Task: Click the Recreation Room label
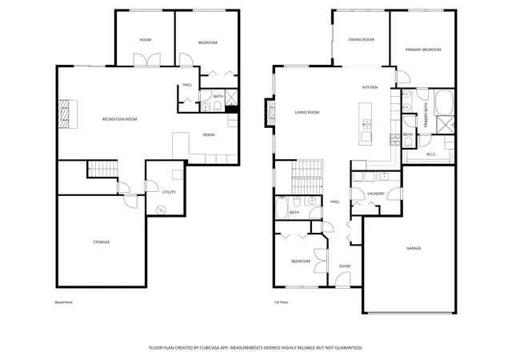click(119, 119)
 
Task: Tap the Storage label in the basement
click(102, 242)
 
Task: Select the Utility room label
click(169, 192)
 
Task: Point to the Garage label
click(414, 248)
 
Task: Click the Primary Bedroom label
click(423, 50)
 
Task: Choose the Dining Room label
click(361, 39)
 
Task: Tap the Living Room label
click(307, 112)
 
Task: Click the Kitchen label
click(370, 87)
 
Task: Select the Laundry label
click(376, 194)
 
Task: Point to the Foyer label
click(345, 266)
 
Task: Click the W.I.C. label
click(431, 154)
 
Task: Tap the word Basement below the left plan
click(64, 302)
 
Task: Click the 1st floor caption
click(281, 302)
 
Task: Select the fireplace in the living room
click(270, 113)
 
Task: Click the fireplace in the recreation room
click(67, 114)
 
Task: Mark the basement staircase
click(103, 169)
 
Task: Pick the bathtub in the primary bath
click(444, 102)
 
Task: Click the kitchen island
click(365, 124)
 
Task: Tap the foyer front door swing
click(342, 279)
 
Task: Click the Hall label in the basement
click(187, 85)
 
